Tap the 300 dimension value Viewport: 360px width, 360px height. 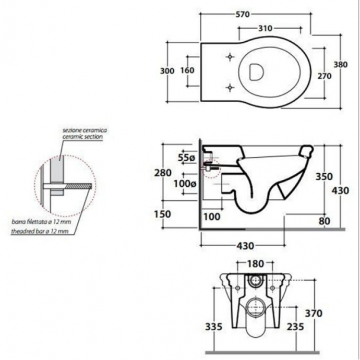click(167, 71)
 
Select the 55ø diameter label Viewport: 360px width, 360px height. click(186, 157)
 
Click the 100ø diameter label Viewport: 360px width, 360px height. click(185, 184)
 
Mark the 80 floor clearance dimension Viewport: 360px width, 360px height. click(325, 221)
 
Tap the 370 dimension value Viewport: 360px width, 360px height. click(313, 314)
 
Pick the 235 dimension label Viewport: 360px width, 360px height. click(296, 327)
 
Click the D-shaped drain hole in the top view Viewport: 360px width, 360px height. click(256, 71)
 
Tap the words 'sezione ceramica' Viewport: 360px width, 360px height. click(81, 129)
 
